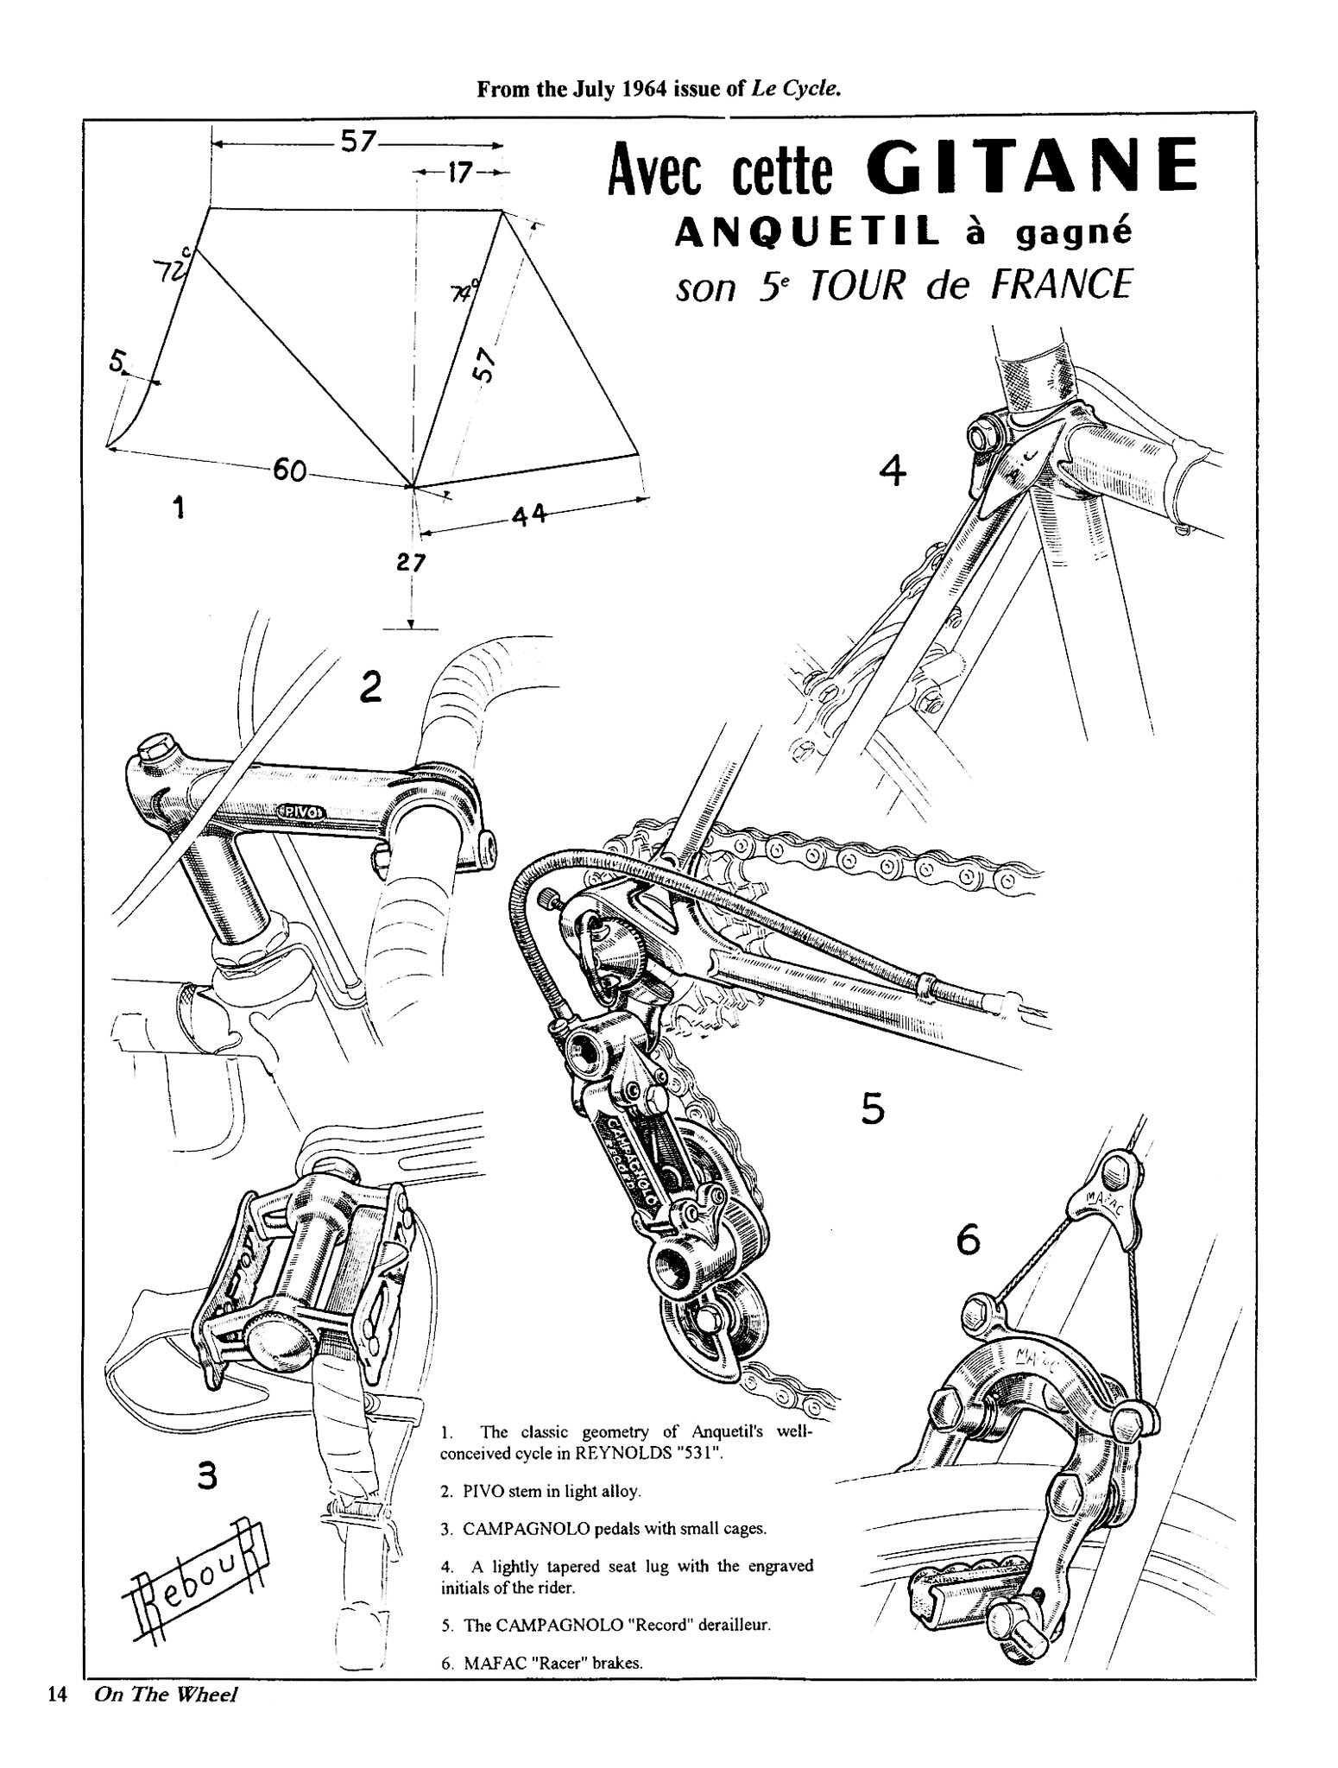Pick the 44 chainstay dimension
point(528,515)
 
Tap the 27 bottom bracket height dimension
point(411,564)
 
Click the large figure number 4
point(893,470)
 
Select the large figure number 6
point(969,1241)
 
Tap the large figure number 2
point(370,686)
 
